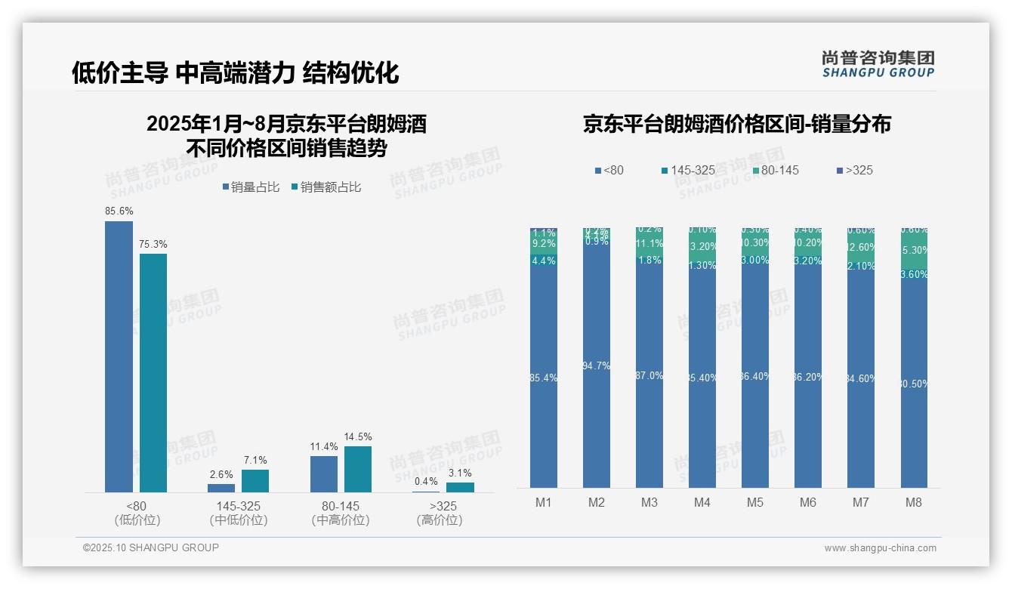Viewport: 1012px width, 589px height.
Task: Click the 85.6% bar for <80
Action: (119, 356)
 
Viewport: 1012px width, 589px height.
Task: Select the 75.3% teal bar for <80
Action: (153, 372)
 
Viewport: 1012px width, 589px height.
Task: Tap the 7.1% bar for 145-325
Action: (255, 481)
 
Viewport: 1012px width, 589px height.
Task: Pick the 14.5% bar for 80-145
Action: (358, 469)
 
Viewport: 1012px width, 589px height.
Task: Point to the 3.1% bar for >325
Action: (460, 487)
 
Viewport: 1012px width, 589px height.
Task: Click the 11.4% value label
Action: (324, 447)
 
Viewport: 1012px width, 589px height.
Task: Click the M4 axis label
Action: (702, 502)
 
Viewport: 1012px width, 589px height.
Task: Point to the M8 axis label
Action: (914, 502)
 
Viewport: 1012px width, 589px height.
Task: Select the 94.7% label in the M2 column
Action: (597, 366)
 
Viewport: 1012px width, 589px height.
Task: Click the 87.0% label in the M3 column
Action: (649, 376)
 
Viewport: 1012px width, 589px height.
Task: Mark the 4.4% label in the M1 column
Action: (544, 261)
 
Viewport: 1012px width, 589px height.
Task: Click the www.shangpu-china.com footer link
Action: (880, 548)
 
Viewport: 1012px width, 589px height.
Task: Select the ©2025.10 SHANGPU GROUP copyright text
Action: (151, 547)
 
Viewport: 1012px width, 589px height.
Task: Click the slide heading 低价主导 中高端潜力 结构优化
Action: (235, 72)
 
